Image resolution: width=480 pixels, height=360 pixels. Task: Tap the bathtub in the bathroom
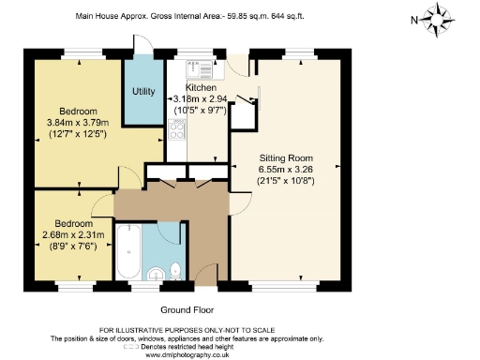click(x=128, y=252)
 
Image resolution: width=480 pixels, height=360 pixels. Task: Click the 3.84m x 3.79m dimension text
click(x=79, y=122)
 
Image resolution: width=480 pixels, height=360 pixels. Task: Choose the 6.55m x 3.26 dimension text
click(x=285, y=169)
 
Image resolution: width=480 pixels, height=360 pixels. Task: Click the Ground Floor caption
click(x=187, y=308)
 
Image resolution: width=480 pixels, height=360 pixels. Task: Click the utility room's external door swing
click(x=142, y=44)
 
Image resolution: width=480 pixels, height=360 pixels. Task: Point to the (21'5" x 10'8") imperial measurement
click(x=285, y=180)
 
